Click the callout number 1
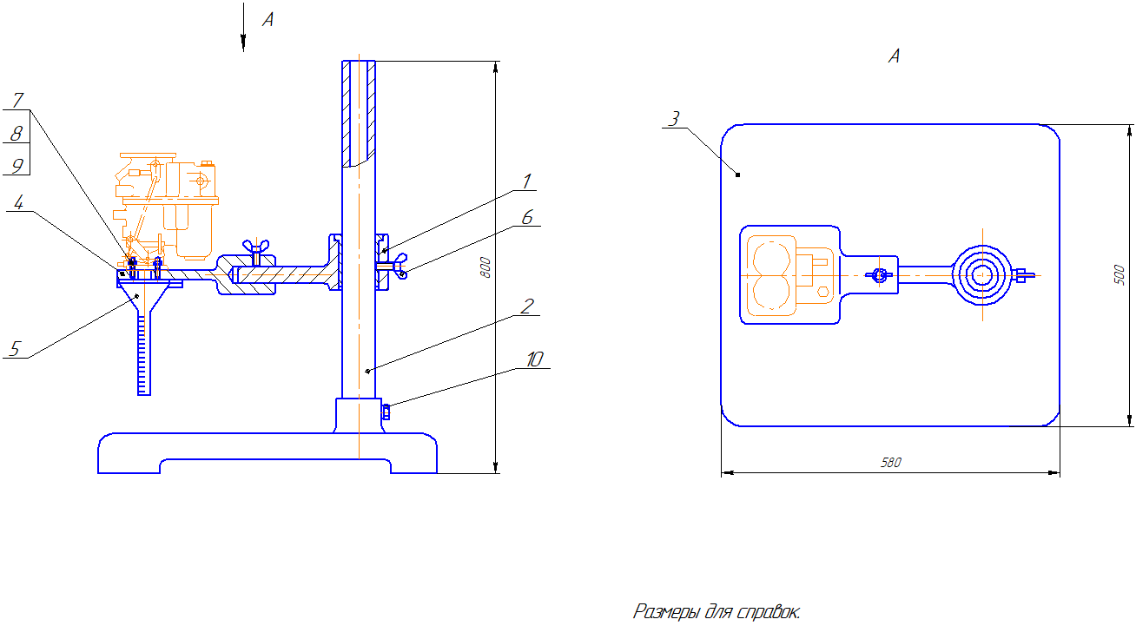(x=526, y=181)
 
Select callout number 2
(x=526, y=306)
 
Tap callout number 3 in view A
(x=673, y=119)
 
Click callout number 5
(x=14, y=348)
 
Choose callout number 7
(x=17, y=101)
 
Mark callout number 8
(x=17, y=133)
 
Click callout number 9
(x=17, y=164)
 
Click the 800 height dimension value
(x=486, y=267)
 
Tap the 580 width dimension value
(x=890, y=463)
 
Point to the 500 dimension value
(x=1120, y=275)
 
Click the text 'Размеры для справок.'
(x=717, y=611)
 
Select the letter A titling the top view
(x=894, y=56)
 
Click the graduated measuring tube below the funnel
(x=143, y=356)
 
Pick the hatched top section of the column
(x=359, y=113)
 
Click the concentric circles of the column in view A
(x=982, y=275)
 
